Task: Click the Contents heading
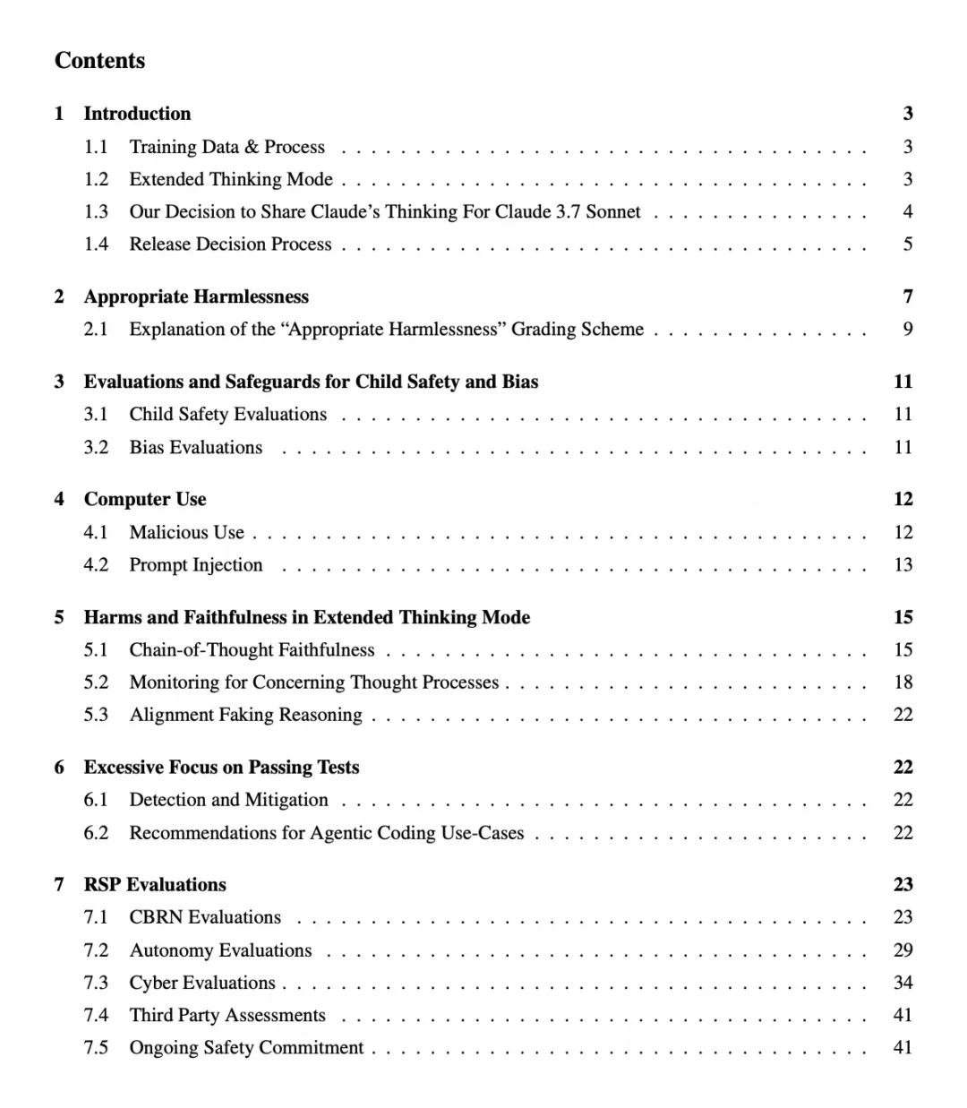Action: (99, 60)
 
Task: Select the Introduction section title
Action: (137, 113)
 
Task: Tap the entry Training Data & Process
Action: (227, 147)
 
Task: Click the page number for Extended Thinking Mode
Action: (907, 179)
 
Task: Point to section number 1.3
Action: (96, 212)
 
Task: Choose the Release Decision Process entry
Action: (230, 245)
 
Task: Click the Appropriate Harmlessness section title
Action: (196, 296)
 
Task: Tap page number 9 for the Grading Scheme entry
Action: (907, 329)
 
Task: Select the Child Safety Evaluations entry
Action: (227, 414)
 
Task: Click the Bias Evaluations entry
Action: (195, 447)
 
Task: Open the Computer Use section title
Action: (145, 499)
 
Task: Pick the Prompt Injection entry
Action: (195, 565)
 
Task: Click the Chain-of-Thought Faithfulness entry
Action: (252, 649)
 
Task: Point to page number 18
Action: (903, 683)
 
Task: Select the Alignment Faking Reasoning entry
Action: (245, 715)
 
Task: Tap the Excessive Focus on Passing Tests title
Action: (221, 767)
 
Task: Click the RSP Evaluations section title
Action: (155, 884)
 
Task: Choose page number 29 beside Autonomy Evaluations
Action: (903, 950)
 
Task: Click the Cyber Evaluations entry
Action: (201, 983)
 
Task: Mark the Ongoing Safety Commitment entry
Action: (246, 1048)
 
